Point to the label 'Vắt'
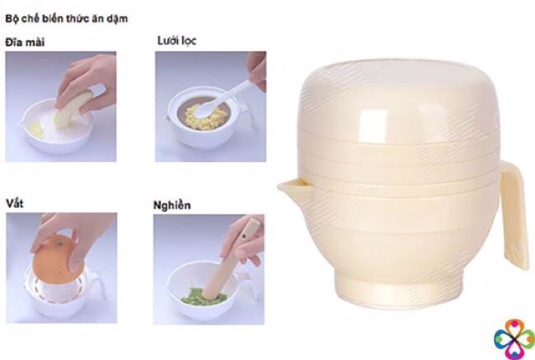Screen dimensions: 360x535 click(x=14, y=203)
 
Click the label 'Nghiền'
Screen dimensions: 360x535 click(x=173, y=203)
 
